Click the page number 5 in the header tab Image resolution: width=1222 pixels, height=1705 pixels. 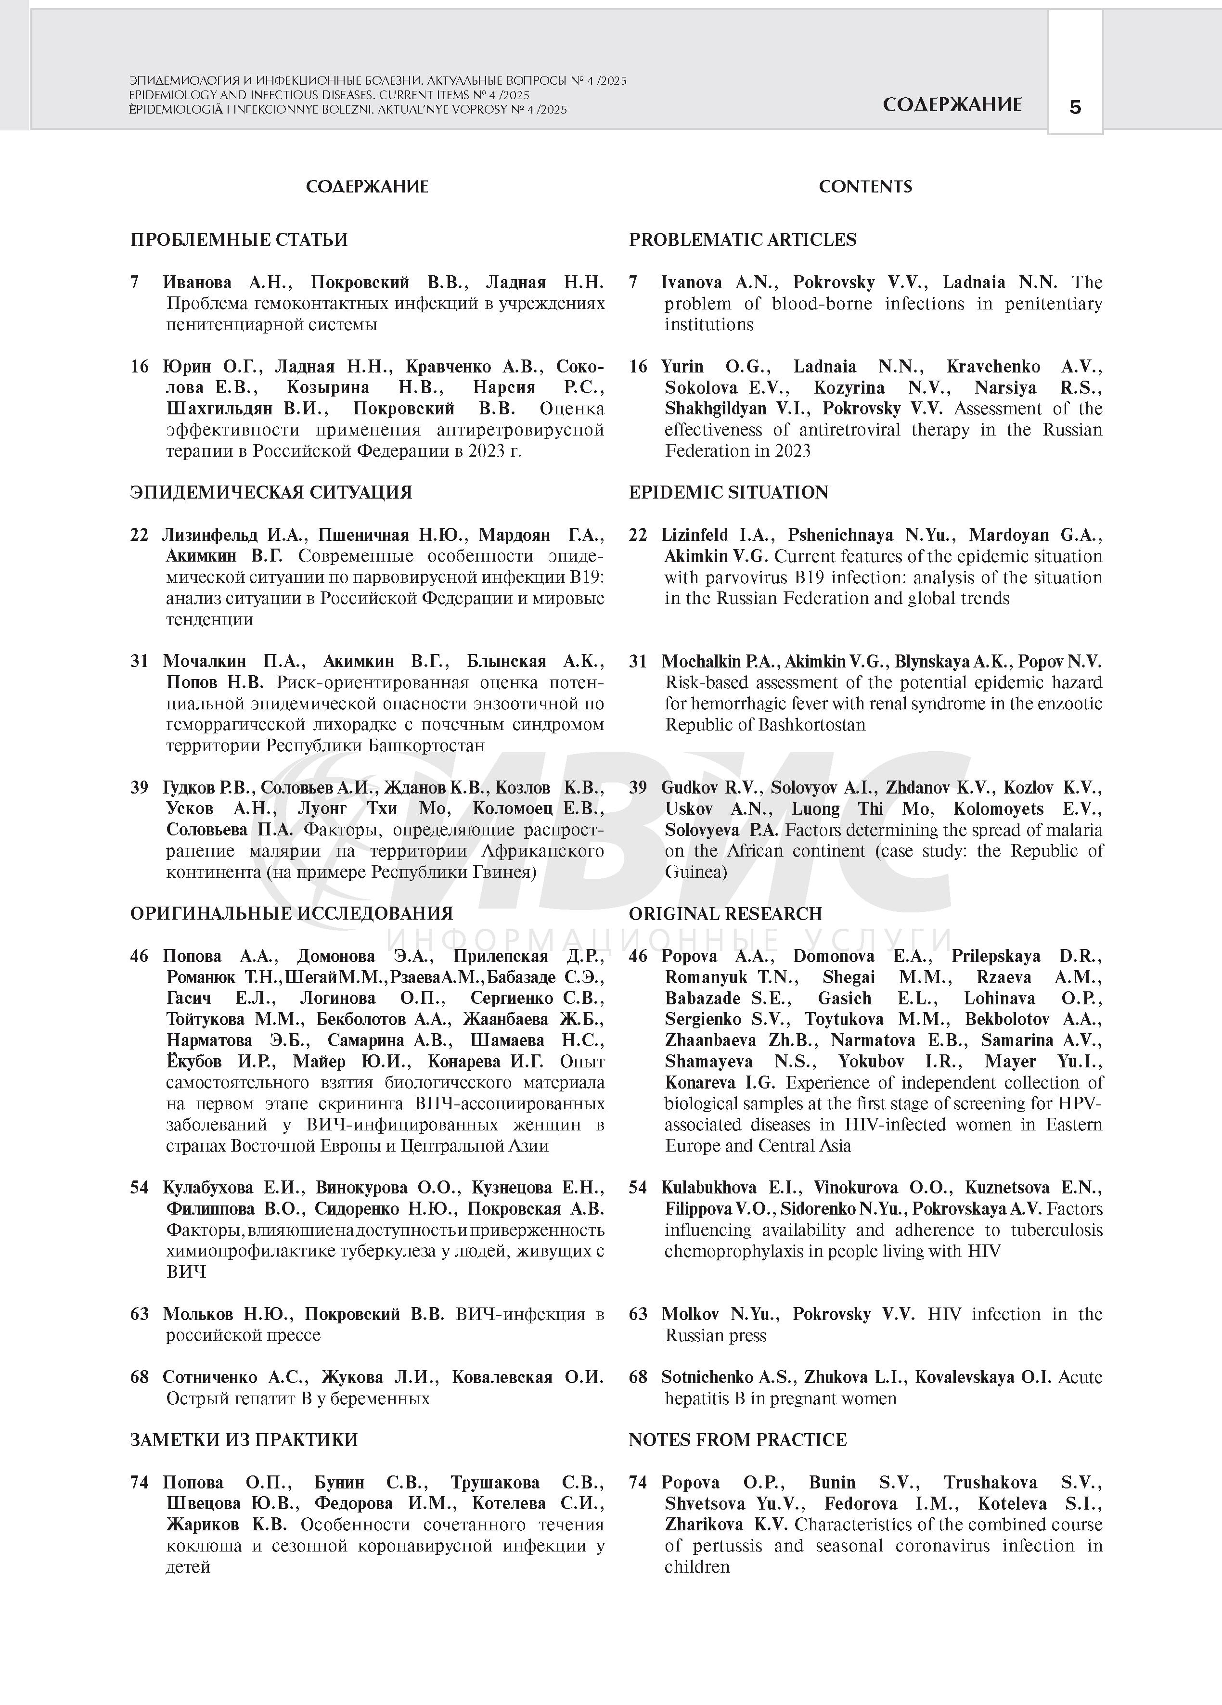[x=1075, y=107]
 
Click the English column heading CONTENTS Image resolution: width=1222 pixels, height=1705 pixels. [x=865, y=186]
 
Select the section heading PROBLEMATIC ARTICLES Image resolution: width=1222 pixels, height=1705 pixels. [x=742, y=240]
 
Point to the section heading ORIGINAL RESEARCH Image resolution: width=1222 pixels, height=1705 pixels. [x=725, y=913]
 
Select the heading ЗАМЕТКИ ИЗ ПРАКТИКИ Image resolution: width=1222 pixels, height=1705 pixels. [x=244, y=1440]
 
